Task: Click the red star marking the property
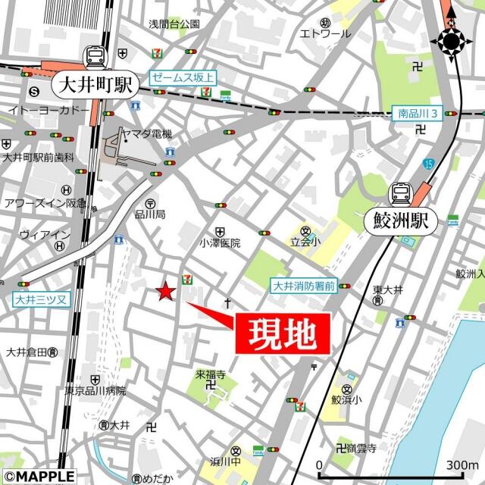[166, 291]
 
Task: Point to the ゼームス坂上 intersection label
[183, 77]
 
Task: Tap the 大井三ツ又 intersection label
[39, 300]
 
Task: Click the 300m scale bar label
[462, 465]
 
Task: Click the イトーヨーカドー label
[48, 111]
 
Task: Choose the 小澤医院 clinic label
[220, 243]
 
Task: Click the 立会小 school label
[305, 243]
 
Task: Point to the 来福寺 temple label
[211, 374]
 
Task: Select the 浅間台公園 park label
[174, 24]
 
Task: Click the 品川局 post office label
[150, 214]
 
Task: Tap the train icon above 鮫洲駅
[399, 194]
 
